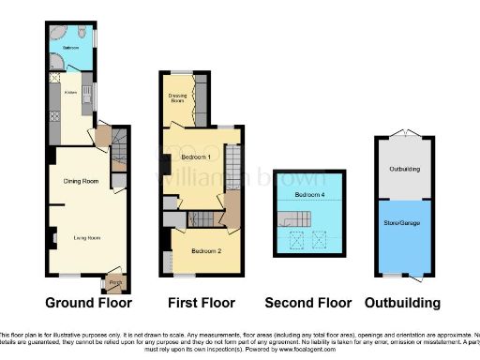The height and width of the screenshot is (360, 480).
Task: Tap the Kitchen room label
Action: tap(70, 92)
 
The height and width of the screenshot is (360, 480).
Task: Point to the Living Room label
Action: tap(87, 238)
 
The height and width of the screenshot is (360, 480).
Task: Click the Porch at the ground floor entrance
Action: tap(116, 282)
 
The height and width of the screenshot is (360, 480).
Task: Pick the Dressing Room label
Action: tap(176, 98)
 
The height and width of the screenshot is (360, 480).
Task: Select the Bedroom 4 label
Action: tap(308, 194)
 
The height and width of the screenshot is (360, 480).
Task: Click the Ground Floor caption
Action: tap(89, 303)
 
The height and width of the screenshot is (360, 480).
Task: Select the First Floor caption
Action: tap(201, 303)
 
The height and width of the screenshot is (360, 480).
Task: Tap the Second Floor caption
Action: tap(307, 303)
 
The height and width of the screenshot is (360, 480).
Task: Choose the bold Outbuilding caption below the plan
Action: tap(402, 303)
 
